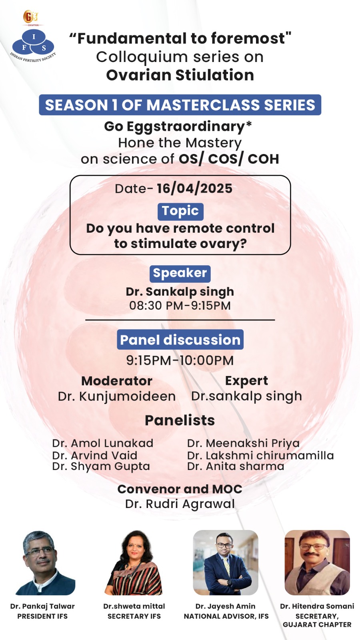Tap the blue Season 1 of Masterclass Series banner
click(x=180, y=105)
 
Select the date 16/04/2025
click(x=194, y=188)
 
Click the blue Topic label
click(x=180, y=212)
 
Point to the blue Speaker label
click(x=180, y=274)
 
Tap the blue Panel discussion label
click(x=180, y=340)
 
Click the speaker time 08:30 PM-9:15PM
click(x=180, y=306)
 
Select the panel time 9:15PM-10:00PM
click(x=180, y=360)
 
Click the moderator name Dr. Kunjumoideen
click(x=116, y=396)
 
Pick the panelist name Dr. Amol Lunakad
click(x=102, y=443)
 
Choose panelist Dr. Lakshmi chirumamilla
click(x=260, y=456)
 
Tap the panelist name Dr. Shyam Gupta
click(x=101, y=466)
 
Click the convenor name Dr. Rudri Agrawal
click(x=180, y=504)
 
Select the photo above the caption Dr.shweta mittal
click(x=134, y=562)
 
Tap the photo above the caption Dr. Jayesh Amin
click(x=226, y=562)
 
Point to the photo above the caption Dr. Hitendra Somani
click(x=317, y=562)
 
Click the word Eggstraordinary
click(x=186, y=127)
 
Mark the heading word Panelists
click(x=180, y=420)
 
